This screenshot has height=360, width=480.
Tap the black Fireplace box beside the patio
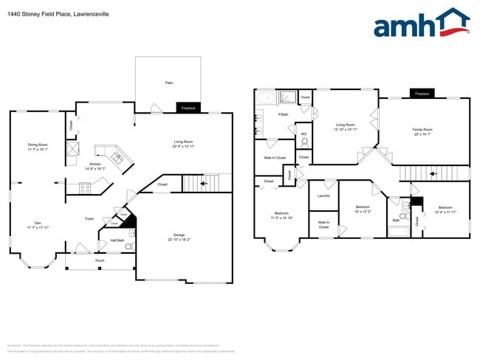coord(188,108)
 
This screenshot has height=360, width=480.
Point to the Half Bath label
coord(117,240)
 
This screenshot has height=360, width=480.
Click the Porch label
coord(100,260)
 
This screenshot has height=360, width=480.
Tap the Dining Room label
coord(38,146)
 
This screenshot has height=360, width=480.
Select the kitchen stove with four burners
coord(85,188)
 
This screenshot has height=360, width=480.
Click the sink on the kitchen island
coord(117,156)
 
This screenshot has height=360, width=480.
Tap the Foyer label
coord(89,218)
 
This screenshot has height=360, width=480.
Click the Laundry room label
coord(323,195)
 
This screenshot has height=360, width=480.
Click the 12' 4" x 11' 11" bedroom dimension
coord(445,212)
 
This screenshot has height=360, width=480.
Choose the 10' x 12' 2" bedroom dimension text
coord(363,211)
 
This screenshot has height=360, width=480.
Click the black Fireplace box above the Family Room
coord(422,94)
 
